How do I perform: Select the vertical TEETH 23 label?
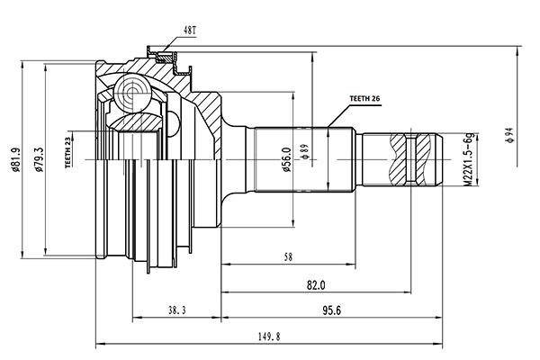pyautogui.click(x=69, y=151)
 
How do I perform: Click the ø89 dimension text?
pyautogui.click(x=306, y=152)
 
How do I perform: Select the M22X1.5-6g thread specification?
pyautogui.click(x=466, y=159)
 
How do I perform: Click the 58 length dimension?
pyautogui.click(x=287, y=257)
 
